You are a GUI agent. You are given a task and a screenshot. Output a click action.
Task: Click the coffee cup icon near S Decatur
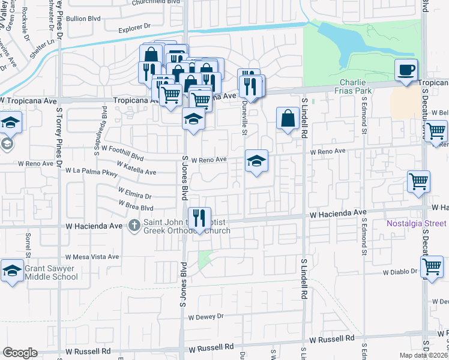pos(406,70)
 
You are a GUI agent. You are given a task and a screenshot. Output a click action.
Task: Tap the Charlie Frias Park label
pos(356,86)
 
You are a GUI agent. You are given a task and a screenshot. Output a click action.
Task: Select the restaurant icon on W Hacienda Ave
pos(199,218)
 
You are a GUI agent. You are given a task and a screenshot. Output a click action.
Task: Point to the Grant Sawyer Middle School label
pos(51,272)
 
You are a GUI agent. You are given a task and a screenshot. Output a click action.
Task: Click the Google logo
pos(20,352)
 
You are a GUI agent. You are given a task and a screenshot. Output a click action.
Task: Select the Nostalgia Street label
pos(417,223)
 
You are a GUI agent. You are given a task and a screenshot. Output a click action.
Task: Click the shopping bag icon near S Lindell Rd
pos(288,118)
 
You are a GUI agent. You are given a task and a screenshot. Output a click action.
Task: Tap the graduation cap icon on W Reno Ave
pos(256,161)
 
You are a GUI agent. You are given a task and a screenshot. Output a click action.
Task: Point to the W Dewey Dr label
pos(205,316)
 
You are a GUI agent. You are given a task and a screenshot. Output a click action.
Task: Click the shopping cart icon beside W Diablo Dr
pos(432,268)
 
